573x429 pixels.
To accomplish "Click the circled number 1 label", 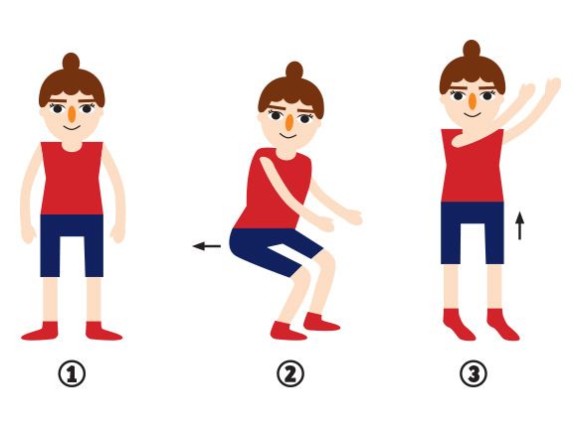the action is coord(72,374).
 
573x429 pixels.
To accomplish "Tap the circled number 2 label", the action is coord(290,374).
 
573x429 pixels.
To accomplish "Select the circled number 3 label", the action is coord(473,374).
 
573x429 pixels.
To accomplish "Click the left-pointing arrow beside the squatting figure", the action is coord(207,246).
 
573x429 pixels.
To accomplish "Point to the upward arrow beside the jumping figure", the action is coord(519,226).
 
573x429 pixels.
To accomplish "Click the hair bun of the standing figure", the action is coord(71,62).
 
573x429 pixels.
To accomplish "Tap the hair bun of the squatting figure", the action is coord(294,71).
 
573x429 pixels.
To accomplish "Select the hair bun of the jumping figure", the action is coord(472,49).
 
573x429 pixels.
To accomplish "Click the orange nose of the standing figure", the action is coord(73,114).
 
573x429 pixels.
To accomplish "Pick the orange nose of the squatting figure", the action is coord(289,122).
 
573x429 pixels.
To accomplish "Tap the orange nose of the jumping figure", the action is coord(473,101).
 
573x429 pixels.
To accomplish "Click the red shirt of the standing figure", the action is coord(72,179).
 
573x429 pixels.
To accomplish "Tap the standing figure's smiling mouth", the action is coord(72,128).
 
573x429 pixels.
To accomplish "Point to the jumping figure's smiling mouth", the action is coord(473,115).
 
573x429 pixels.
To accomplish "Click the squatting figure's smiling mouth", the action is coord(288,136).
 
